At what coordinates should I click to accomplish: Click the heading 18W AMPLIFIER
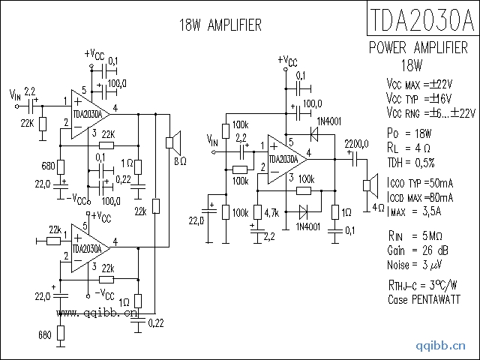click(220, 25)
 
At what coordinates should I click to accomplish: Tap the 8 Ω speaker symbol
click(172, 141)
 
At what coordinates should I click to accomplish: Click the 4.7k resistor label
click(271, 214)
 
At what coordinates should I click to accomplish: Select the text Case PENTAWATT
click(424, 299)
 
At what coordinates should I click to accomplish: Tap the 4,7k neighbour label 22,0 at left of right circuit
click(196, 220)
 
